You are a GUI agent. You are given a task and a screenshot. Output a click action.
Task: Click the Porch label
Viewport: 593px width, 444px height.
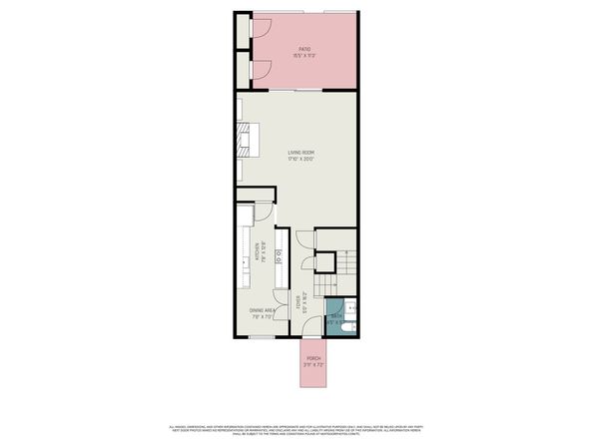(x=313, y=362)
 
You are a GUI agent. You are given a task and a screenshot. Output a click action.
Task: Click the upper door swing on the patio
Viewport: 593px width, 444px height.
(x=263, y=30)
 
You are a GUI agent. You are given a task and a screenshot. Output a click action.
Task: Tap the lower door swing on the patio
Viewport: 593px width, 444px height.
(x=263, y=68)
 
